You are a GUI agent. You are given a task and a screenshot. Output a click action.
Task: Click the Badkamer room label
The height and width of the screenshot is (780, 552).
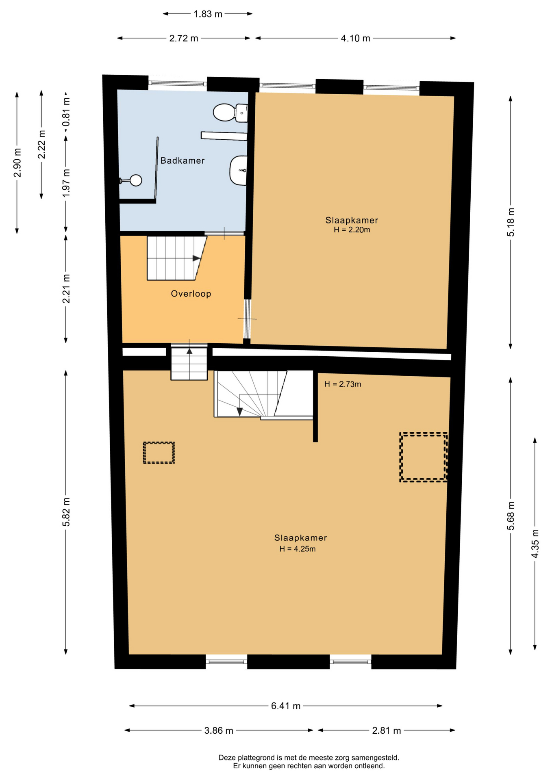pos(183,160)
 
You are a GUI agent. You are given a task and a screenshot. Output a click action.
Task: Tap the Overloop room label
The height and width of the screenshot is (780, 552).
pos(191,294)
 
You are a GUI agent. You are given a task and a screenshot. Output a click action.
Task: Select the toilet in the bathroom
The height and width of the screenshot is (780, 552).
pos(230,113)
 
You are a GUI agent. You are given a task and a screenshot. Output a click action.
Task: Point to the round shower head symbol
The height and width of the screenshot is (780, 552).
pos(136,180)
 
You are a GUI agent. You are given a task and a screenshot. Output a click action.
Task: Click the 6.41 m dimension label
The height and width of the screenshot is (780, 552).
pos(286,706)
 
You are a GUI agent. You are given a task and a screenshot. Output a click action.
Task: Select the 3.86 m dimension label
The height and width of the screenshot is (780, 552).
pos(219,730)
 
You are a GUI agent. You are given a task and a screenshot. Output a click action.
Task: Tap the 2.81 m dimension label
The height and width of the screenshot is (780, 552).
pos(387,730)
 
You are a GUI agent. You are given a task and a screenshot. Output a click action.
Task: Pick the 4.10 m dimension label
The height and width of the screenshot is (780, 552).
pos(356,38)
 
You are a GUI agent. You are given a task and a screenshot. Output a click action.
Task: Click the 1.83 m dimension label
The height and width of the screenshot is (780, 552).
pos(208,14)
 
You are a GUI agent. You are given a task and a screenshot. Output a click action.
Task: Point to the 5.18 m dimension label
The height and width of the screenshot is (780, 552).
pos(511,222)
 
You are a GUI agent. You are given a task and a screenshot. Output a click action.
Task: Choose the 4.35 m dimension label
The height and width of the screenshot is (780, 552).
pos(535,544)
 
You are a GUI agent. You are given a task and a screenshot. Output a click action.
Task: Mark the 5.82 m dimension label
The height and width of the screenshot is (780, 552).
pos(66,512)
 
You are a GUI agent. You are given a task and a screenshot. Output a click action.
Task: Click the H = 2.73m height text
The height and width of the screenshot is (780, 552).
pos(343,384)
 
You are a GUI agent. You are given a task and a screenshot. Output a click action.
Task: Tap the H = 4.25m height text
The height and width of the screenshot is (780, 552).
pos(298,549)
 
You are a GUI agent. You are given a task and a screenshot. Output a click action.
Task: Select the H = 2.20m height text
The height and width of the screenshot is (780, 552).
pos(352,230)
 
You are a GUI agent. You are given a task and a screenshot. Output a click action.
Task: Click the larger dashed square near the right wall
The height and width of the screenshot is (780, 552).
pos(400,457)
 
